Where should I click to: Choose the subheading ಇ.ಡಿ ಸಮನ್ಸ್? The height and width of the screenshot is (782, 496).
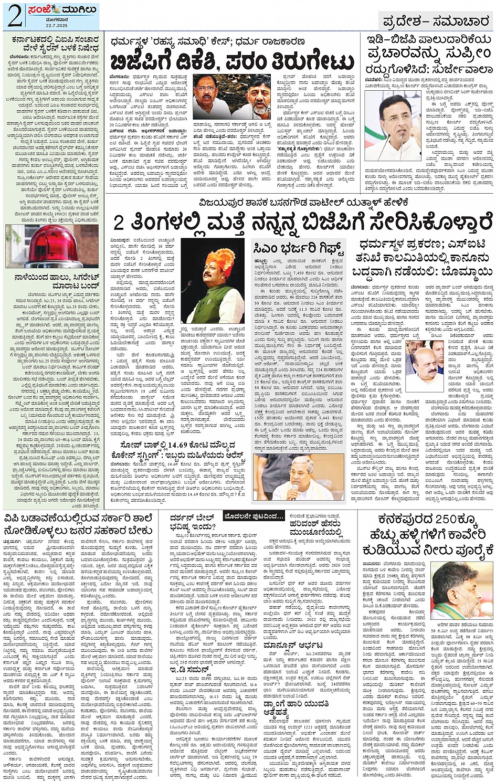pyautogui.click(x=189, y=670)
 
